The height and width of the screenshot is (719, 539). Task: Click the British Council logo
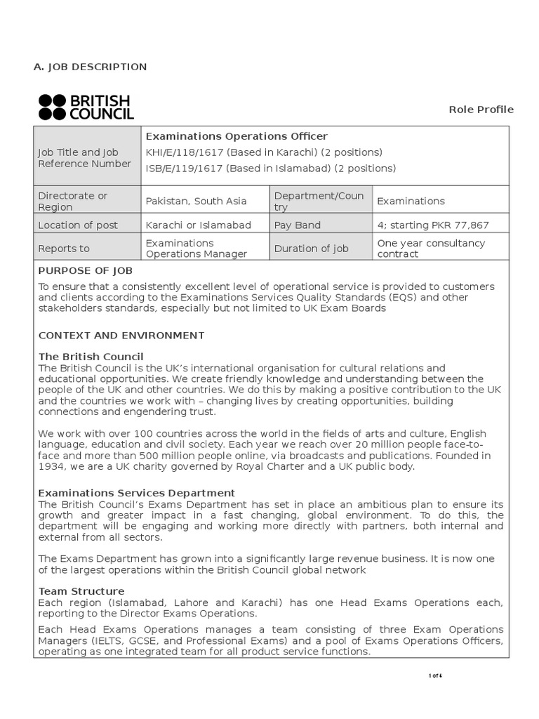[86, 107]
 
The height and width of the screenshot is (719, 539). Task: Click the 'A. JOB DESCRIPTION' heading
[91, 67]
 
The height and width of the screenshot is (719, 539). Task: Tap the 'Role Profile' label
[481, 109]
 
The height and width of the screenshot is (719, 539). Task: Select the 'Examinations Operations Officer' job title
[237, 136]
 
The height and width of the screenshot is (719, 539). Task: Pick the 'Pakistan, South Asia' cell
[196, 202]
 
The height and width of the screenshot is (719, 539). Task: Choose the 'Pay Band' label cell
[298, 225]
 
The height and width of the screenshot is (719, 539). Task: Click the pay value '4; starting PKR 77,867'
[433, 225]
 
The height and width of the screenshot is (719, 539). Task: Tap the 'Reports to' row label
[64, 249]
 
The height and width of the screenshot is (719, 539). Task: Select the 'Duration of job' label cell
[311, 249]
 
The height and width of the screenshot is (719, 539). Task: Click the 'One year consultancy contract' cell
[431, 249]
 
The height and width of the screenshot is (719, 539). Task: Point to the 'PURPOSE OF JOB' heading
[85, 270]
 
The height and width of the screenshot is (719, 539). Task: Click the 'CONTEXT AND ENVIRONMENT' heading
[121, 336]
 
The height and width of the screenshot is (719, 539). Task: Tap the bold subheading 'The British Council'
[91, 357]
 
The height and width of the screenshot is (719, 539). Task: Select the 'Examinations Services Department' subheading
[137, 493]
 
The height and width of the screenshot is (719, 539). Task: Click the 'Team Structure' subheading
[81, 591]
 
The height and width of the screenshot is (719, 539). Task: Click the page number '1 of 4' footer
[435, 675]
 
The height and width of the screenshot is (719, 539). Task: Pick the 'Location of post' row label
[78, 225]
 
